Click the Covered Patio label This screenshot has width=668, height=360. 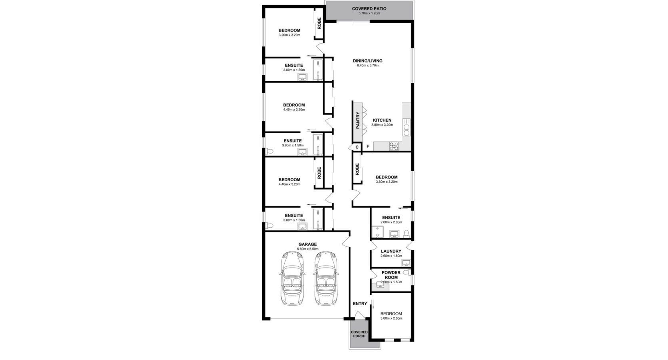click(x=369, y=8)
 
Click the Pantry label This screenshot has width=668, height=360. click(x=358, y=120)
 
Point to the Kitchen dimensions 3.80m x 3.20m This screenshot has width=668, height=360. click(x=382, y=125)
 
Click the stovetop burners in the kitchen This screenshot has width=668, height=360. click(x=394, y=146)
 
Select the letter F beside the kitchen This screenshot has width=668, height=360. click(x=368, y=147)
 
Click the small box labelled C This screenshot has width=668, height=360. click(x=357, y=147)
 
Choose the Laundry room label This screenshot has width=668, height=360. click(x=391, y=251)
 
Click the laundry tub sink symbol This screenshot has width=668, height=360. click(x=406, y=263)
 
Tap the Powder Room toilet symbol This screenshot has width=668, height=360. click(x=406, y=272)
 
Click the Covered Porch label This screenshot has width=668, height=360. click(x=359, y=334)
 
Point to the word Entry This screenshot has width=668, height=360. click(x=360, y=304)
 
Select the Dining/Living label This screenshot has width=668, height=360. click(x=367, y=61)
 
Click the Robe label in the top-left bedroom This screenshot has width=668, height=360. click(x=319, y=23)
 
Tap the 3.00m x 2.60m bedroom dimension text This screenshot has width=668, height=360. click(x=391, y=318)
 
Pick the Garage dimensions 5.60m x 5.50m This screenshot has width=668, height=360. click(x=307, y=249)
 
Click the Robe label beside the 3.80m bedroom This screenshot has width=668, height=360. click(x=357, y=169)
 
